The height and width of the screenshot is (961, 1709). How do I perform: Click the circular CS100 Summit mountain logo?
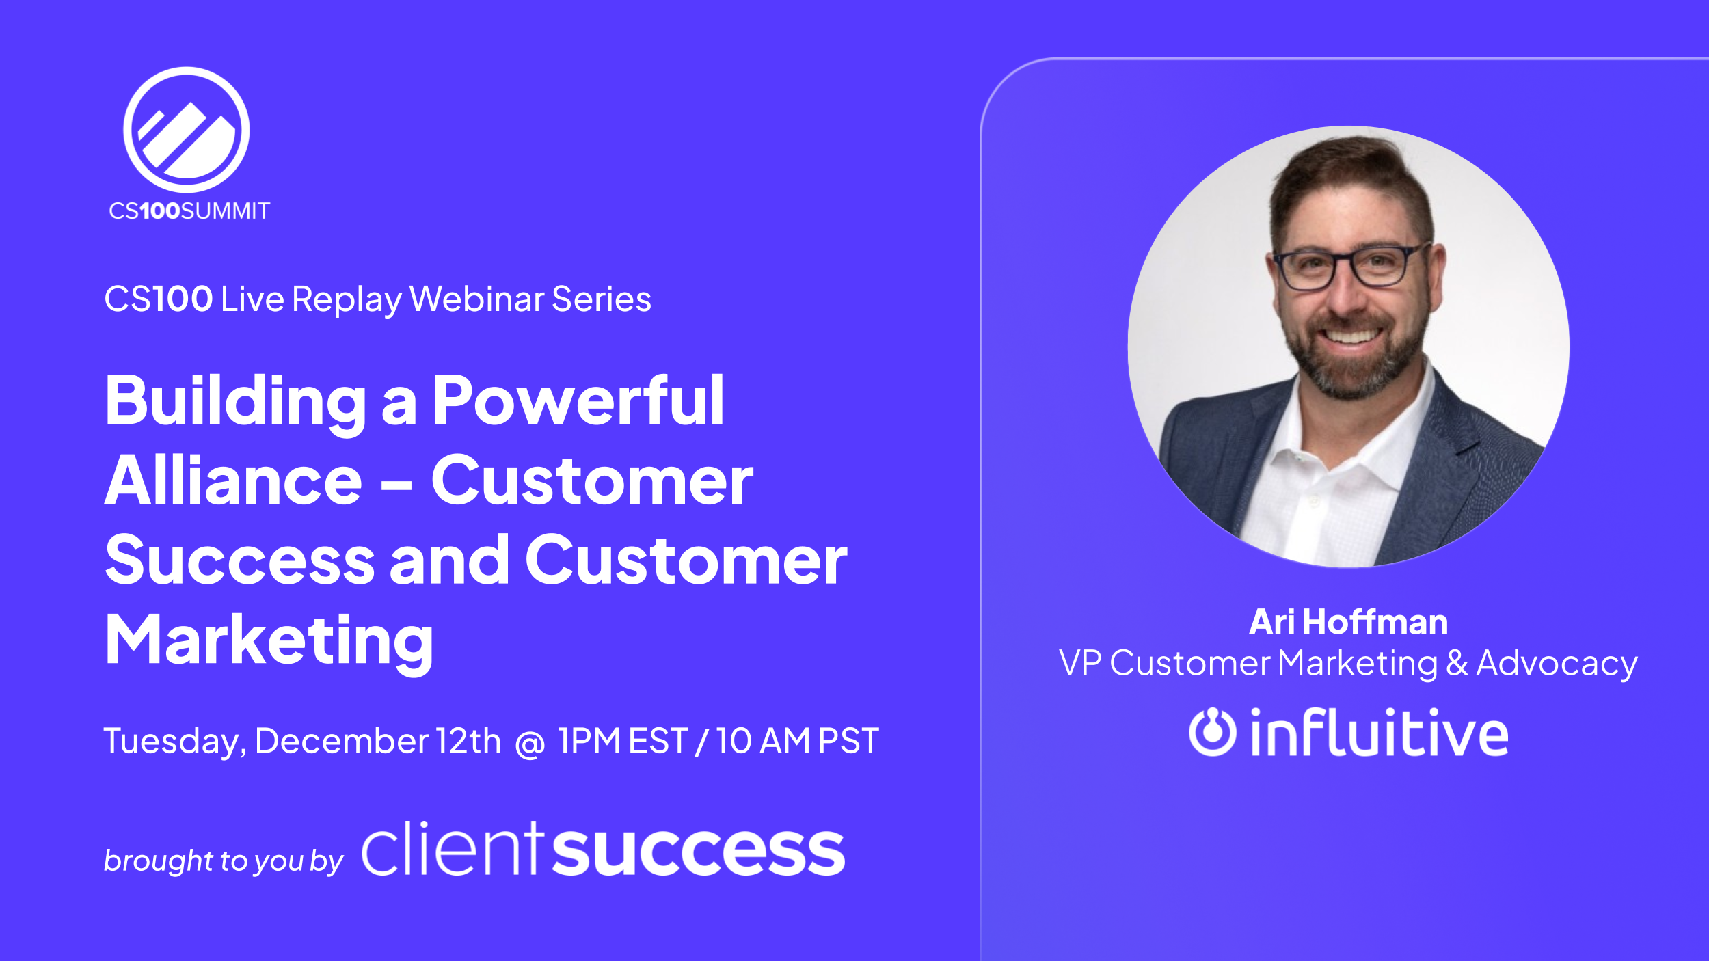(x=186, y=130)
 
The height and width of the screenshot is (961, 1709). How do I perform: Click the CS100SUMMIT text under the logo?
(x=189, y=211)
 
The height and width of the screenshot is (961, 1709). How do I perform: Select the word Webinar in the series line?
(x=476, y=299)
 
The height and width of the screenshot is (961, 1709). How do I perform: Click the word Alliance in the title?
(x=233, y=481)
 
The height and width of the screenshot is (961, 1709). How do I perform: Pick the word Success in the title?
(x=240, y=561)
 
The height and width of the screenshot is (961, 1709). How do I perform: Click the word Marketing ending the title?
(x=269, y=641)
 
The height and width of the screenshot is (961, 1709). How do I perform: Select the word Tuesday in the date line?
(x=173, y=742)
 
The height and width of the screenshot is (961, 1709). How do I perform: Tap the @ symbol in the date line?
(x=530, y=744)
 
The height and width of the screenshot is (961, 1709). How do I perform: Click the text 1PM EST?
(x=622, y=741)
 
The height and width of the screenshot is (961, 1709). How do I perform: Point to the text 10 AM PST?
(x=797, y=741)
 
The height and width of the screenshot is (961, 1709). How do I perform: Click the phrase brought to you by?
(x=223, y=861)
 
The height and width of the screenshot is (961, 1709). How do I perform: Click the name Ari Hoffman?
(x=1348, y=622)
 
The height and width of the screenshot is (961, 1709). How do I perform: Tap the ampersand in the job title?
(x=1457, y=663)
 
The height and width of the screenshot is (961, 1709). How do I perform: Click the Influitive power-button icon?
(x=1212, y=733)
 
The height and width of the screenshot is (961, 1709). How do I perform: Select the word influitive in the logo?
(x=1379, y=733)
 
